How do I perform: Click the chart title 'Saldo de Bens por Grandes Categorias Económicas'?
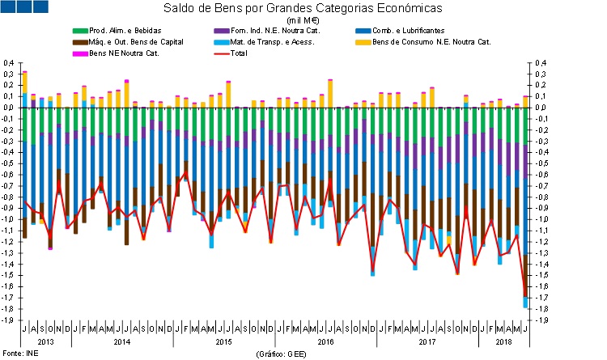pos(303,9)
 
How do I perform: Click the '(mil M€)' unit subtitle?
pos(304,20)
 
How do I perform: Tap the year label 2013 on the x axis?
pos(47,342)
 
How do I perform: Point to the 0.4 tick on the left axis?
pos(10,62)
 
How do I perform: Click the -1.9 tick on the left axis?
pos(10,320)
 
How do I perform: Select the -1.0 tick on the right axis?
pos(541,219)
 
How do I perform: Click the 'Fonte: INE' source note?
pos(21,354)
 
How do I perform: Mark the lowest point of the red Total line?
pos(525,296)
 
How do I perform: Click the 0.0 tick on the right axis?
pos(541,107)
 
